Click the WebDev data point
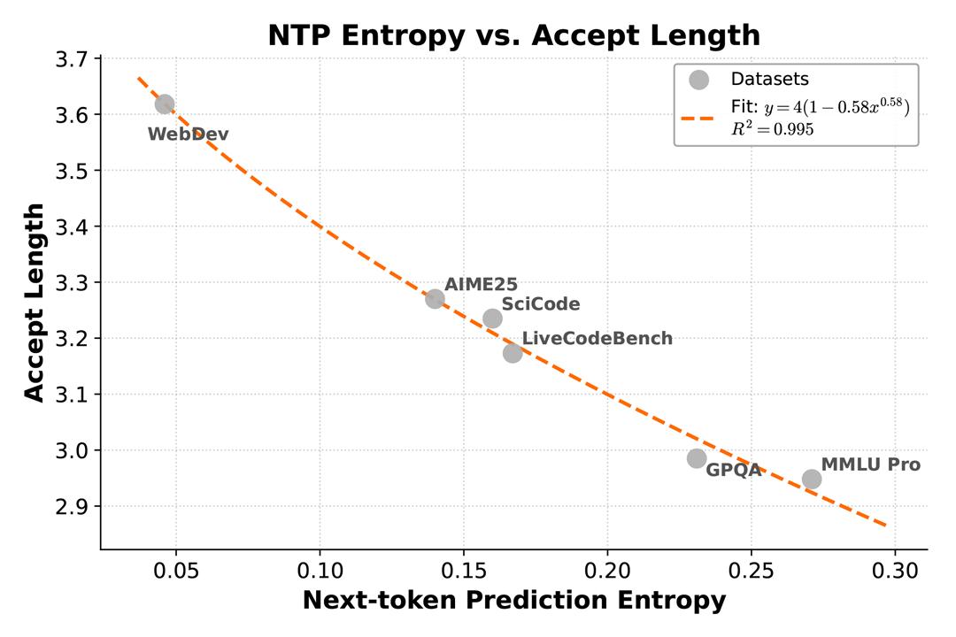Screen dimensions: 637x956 165,104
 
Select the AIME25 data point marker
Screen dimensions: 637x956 435,299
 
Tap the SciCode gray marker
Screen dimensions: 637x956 493,318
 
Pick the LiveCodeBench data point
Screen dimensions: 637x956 513,353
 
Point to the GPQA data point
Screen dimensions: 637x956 697,458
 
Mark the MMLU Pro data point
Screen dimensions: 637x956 812,479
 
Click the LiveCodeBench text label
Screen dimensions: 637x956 597,339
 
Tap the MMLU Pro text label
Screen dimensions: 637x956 870,464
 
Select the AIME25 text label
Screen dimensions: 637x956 481,284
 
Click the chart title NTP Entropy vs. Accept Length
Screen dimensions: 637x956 513,35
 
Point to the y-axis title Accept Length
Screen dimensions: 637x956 34,303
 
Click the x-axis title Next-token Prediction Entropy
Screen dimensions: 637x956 513,601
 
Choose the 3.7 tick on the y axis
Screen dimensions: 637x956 74,59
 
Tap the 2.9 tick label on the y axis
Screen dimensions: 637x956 74,507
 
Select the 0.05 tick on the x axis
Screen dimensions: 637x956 176,567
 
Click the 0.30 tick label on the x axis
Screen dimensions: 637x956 895,567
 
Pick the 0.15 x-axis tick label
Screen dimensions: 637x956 464,567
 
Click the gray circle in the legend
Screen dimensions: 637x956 698,80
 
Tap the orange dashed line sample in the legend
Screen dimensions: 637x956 698,118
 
